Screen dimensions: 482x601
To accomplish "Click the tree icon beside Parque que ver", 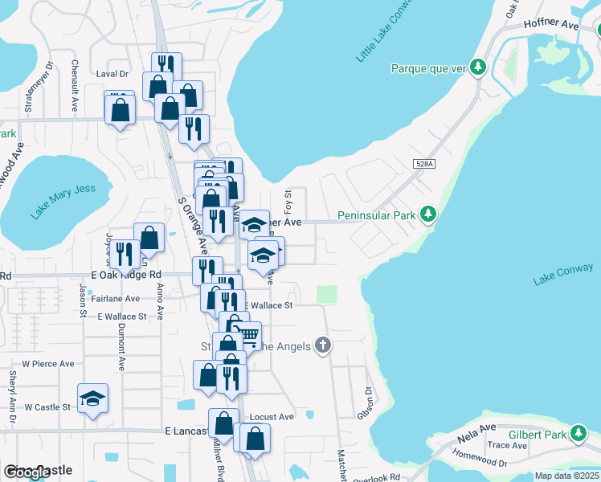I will [x=478, y=67].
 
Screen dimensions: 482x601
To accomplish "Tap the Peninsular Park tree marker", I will [x=430, y=214].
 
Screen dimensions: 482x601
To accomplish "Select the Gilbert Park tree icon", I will [x=579, y=435].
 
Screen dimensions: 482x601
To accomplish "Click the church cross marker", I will [x=322, y=345].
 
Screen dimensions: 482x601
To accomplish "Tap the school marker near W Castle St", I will [x=92, y=397].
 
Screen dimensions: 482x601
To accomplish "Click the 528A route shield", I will [x=425, y=164].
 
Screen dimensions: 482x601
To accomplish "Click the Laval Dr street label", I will [x=112, y=73].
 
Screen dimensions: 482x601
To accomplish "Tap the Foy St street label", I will [x=287, y=198].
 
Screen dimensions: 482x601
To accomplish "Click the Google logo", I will [x=27, y=472].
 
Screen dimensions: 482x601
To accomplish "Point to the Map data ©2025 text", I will [x=566, y=476].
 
